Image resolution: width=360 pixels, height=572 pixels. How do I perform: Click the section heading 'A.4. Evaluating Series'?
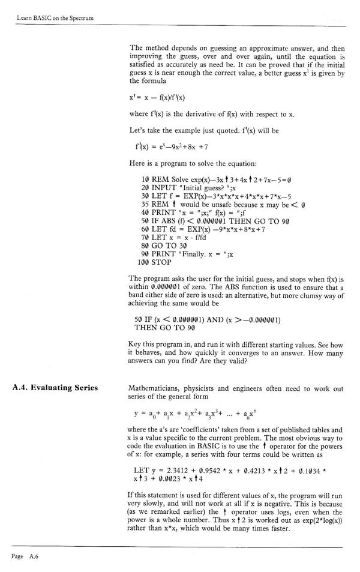55,388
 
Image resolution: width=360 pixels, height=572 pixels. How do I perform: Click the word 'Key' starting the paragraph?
136,345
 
